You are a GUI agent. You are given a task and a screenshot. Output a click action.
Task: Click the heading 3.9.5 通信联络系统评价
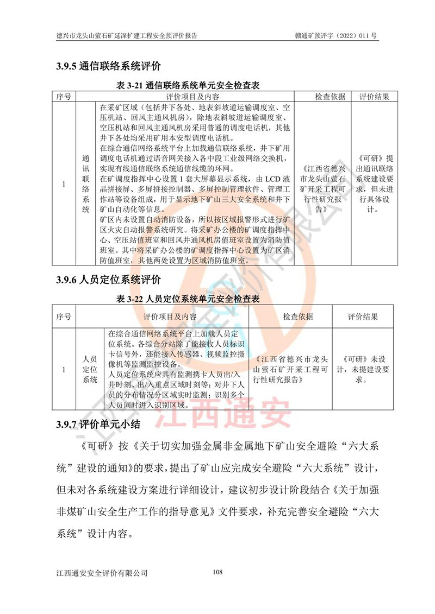[109, 67]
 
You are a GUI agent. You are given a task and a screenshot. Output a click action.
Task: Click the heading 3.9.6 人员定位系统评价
[109, 280]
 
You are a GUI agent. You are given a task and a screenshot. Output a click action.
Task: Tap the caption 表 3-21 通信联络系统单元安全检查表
[188, 86]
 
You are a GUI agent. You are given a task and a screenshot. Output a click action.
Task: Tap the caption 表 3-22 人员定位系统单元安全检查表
[188, 299]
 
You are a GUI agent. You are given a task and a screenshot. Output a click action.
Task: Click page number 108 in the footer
[217, 572]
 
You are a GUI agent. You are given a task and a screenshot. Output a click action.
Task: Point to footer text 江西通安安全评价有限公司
[102, 573]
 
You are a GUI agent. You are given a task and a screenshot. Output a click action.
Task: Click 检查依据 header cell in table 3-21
[330, 97]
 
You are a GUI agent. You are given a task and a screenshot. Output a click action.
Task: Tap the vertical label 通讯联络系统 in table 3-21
[85, 184]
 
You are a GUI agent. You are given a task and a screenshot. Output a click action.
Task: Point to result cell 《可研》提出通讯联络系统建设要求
[376, 184]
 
